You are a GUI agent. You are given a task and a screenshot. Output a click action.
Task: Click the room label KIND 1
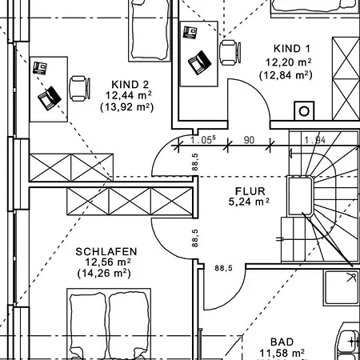coord(292,49)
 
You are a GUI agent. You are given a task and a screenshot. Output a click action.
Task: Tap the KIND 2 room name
coord(130,85)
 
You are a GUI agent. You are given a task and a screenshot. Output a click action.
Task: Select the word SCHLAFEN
coord(106,252)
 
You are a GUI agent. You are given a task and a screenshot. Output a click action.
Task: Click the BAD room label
coord(282,342)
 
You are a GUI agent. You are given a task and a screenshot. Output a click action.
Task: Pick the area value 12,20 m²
coord(288,62)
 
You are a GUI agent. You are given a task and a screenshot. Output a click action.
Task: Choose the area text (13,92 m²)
coord(127,107)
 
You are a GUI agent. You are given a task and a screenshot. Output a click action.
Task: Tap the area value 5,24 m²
coord(249,202)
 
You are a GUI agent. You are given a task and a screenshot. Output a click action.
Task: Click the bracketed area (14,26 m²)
coord(104,274)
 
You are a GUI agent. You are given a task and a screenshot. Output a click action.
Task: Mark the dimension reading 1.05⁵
coord(202,140)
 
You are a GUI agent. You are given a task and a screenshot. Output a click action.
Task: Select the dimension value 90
coord(249,140)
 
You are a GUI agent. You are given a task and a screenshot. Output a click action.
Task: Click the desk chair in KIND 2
coord(79,89)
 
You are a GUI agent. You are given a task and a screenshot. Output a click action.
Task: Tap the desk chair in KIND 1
coord(230,53)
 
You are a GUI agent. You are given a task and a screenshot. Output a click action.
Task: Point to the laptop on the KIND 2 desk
coord(50,98)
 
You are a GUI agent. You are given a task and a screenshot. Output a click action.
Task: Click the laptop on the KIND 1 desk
coord(199,62)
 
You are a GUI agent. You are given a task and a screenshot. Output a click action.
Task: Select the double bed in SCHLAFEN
coord(109,324)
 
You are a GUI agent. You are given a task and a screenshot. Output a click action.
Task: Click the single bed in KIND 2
coord(150,30)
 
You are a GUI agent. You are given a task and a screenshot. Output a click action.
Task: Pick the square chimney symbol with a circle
coord(304,110)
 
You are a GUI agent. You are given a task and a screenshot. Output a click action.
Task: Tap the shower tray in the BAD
coord(342,287)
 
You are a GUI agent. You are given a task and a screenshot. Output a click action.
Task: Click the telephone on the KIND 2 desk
coord(40,68)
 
